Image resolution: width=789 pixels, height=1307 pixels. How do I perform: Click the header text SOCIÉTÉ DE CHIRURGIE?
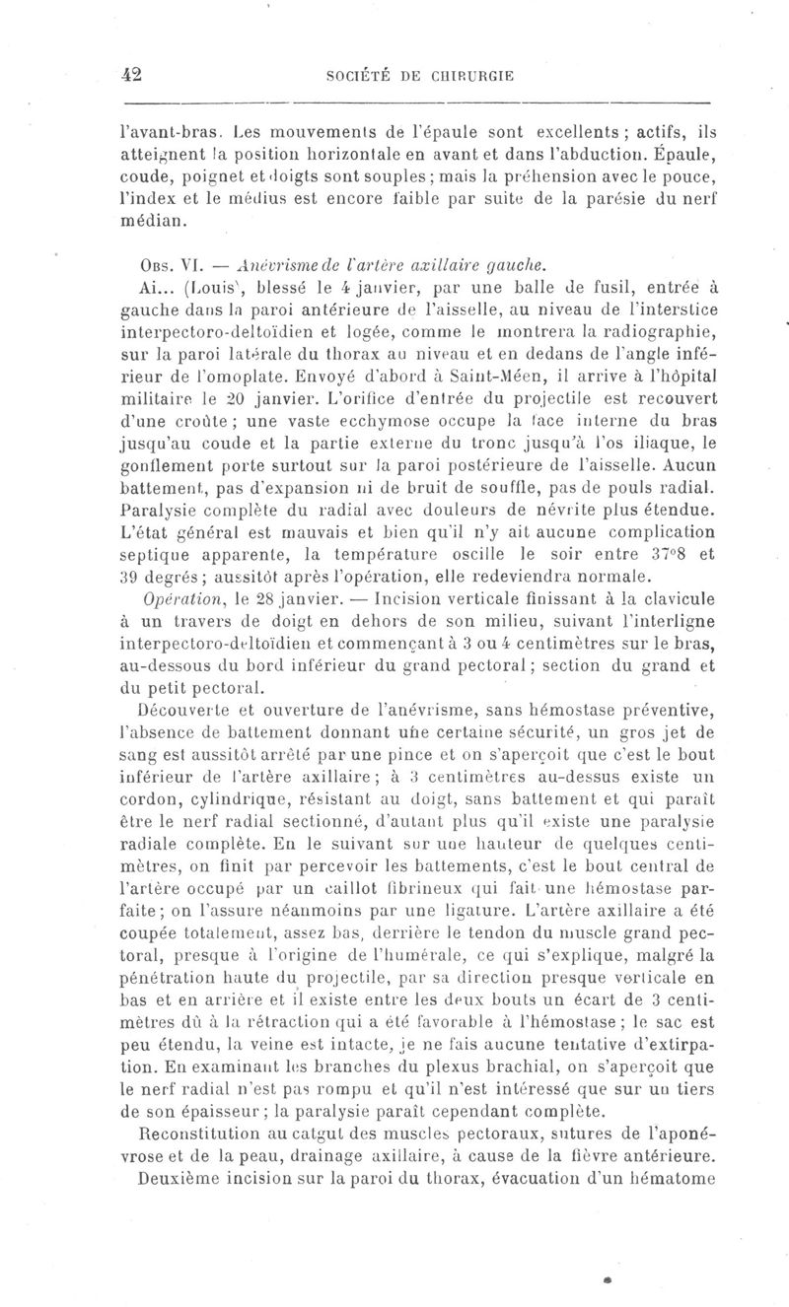pos(422,76)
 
